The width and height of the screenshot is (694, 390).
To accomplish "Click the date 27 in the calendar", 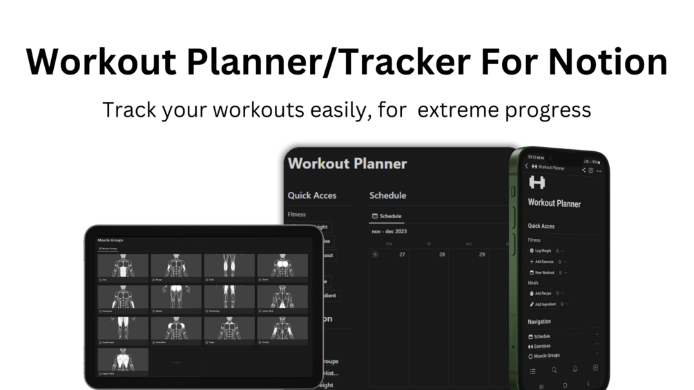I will point(402,255).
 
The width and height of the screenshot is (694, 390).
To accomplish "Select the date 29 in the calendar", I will point(482,255).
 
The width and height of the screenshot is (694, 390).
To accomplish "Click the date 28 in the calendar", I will point(442,255).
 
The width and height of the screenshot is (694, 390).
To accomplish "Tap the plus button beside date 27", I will point(376,255).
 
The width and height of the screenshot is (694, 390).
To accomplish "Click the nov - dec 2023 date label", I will point(389,231).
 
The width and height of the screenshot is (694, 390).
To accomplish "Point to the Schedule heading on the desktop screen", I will point(387,195).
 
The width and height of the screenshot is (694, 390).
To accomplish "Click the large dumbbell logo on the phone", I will point(537,183).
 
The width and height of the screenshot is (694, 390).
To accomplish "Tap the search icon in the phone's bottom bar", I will point(554,370).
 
